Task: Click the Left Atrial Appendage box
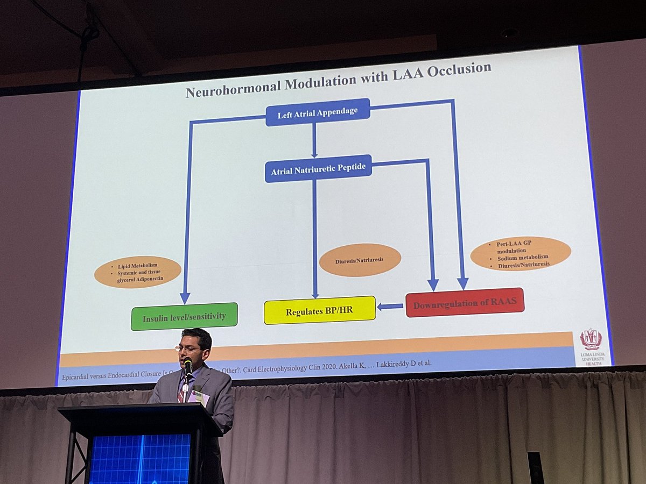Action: (318, 112)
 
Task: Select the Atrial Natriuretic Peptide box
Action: (318, 169)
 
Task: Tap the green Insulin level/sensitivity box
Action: (184, 317)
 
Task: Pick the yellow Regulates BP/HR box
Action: (319, 310)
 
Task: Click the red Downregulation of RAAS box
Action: (465, 303)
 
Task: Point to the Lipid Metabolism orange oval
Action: (138, 272)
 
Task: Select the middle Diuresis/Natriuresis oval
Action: (360, 260)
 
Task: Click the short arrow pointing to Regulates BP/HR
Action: (390, 307)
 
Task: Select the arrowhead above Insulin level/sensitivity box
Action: (185, 297)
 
